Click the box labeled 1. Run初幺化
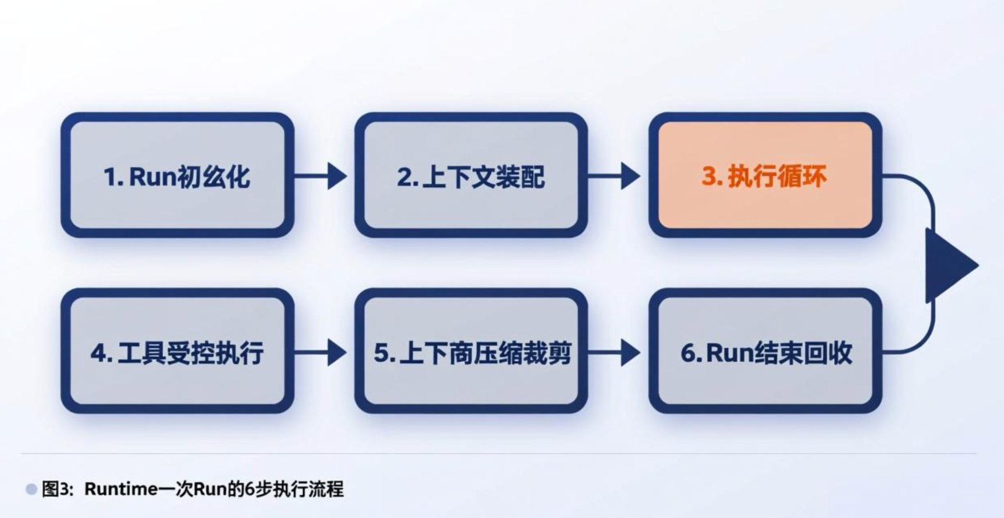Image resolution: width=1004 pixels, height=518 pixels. click(177, 175)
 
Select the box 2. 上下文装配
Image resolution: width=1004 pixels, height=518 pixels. click(471, 175)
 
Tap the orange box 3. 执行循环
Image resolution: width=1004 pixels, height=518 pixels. click(765, 175)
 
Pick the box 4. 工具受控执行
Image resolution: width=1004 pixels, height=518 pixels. click(177, 351)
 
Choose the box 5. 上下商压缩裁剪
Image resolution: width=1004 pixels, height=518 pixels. click(471, 351)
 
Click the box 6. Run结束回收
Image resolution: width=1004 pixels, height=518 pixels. click(765, 351)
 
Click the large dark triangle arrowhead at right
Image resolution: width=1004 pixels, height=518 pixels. click(949, 265)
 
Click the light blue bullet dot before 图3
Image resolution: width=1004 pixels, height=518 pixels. click(31, 489)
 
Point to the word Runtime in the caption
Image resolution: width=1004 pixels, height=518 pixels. click(121, 489)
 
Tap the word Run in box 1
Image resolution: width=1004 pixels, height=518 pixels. click(152, 176)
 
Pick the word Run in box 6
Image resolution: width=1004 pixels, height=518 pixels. click(729, 353)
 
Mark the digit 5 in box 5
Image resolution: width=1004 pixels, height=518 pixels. click(381, 353)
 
